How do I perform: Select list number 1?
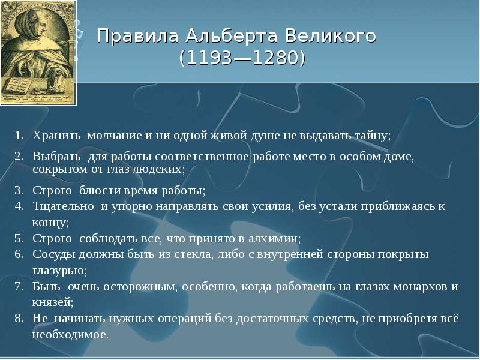pyautogui.click(x=19, y=135)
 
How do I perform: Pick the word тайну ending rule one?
pyautogui.click(x=373, y=135)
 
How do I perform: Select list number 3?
pyautogui.click(x=19, y=191)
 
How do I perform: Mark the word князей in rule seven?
pyautogui.click(x=53, y=302)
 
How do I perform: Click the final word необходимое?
pyautogui.click(x=70, y=334)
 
